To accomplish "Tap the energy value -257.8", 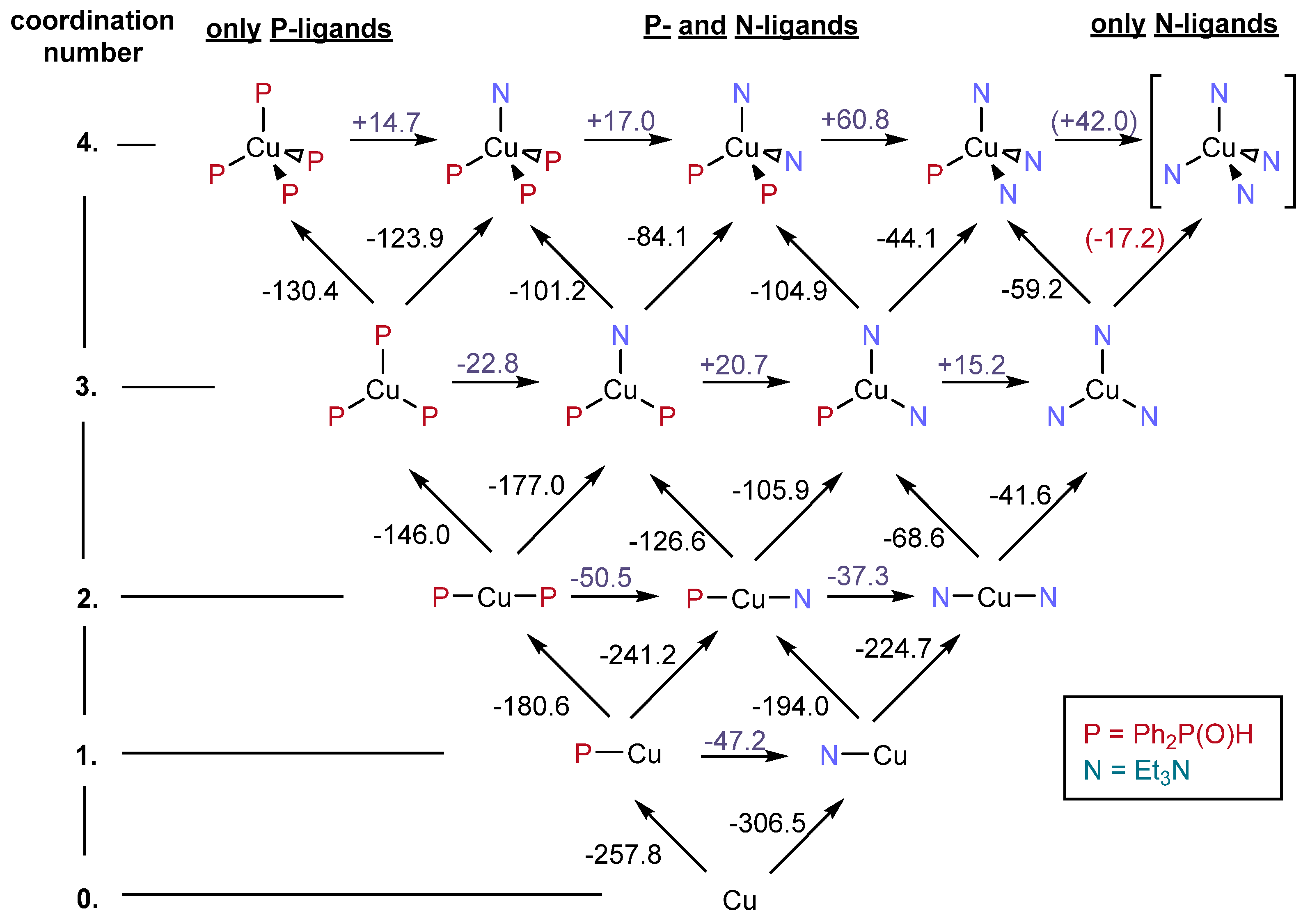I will click(x=623, y=855).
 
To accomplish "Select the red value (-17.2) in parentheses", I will click(x=1124, y=238).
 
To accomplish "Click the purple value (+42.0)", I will click(x=1094, y=121).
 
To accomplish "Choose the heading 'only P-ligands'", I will click(x=299, y=28).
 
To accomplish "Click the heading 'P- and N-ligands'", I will click(x=751, y=26).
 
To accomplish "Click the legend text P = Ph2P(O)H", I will click(x=1168, y=735).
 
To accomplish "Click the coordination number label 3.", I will click(x=86, y=387).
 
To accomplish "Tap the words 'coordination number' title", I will click(x=92, y=37).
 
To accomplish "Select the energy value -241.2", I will click(x=638, y=655).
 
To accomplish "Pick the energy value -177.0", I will click(x=526, y=486).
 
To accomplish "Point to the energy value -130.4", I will click(x=300, y=291).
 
